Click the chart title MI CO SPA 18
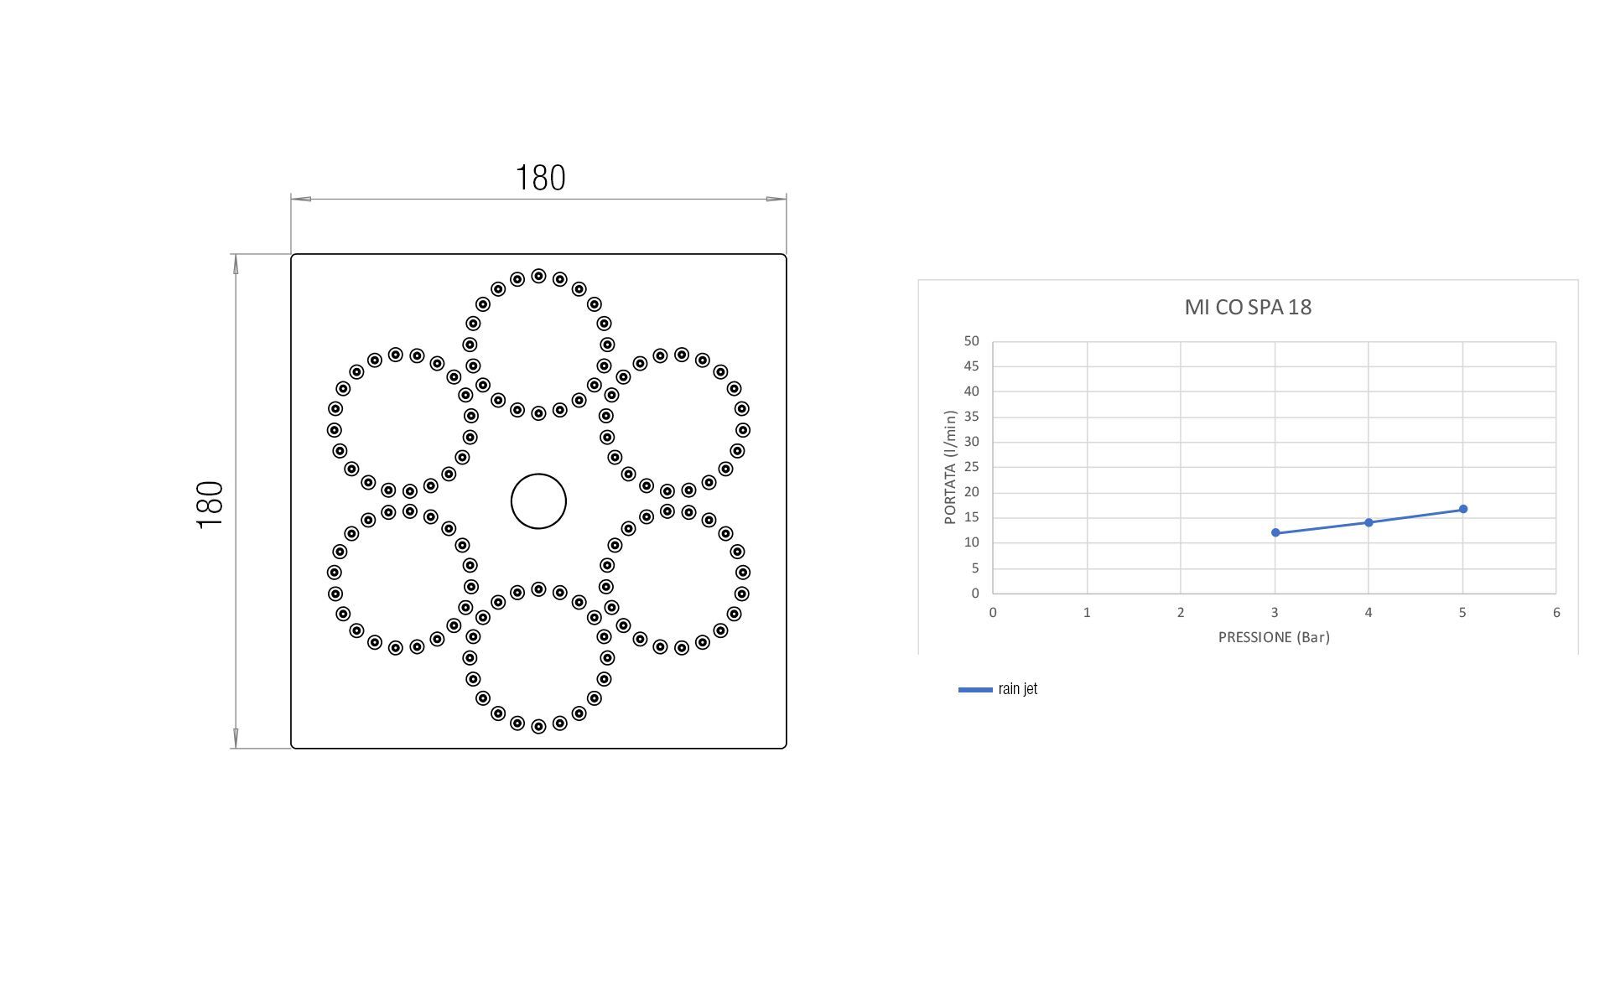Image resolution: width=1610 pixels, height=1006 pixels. coord(1248,307)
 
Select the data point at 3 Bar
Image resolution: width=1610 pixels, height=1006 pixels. coord(1275,533)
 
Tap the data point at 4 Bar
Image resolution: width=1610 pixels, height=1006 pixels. coord(1368,522)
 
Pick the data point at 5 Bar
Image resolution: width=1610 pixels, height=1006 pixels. coord(1463,509)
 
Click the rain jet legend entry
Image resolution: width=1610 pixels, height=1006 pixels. coord(998,689)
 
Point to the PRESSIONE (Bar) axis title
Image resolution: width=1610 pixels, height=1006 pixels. coord(1274,637)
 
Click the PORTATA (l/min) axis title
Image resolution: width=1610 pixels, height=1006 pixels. coord(950,467)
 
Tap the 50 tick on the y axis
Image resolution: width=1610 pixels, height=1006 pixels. coord(971,341)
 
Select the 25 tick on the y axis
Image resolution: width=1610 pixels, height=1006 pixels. coord(971,467)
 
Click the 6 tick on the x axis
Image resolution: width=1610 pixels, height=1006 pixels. coord(1556,613)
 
